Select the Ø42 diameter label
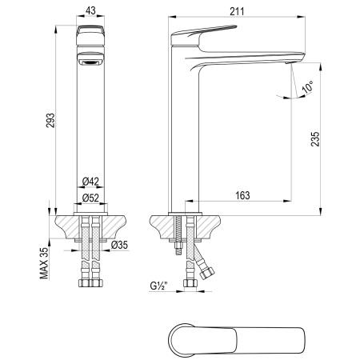[90, 182]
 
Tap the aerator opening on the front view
[90, 61]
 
